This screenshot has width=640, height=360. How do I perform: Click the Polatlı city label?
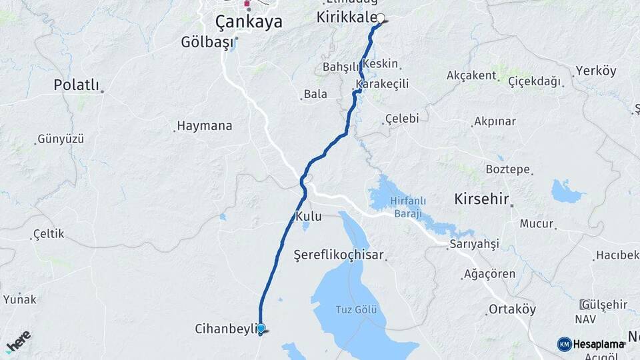tap(76, 85)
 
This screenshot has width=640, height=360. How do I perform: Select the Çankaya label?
tap(249, 22)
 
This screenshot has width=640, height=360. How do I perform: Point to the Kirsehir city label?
tap(481, 199)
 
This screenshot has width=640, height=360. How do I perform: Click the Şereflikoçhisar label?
tap(339, 254)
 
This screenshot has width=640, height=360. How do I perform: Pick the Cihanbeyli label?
tap(225, 329)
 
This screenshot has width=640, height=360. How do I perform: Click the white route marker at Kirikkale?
tap(381, 19)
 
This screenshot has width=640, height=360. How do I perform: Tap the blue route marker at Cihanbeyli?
tap(261, 328)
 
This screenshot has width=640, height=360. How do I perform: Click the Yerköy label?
tap(596, 71)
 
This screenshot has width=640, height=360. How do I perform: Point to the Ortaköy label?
tap(512, 309)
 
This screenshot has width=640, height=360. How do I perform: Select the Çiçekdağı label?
tap(535, 81)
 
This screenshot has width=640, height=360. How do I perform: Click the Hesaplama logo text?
tap(597, 344)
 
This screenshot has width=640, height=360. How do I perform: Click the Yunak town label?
tap(20, 299)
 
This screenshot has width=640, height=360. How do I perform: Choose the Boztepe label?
tap(508, 169)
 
